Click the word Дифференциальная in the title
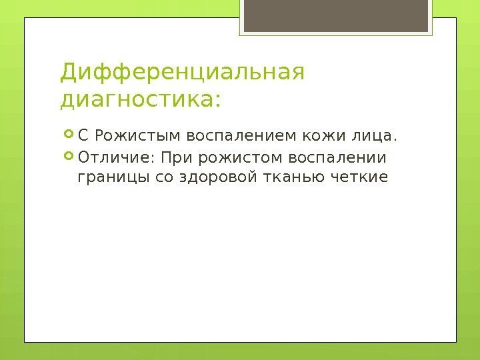(x=182, y=72)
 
